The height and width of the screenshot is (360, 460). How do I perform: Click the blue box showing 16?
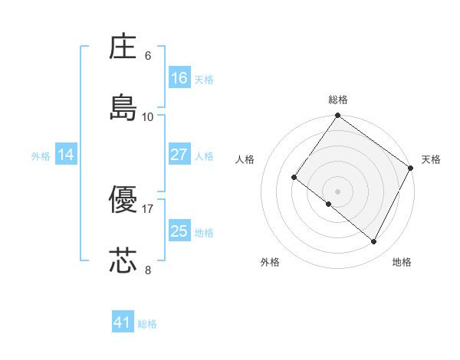tap(179, 78)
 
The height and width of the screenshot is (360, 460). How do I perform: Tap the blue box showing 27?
tap(179, 155)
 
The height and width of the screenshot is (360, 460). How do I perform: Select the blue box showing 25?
tap(179, 231)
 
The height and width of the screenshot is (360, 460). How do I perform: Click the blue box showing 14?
tap(66, 155)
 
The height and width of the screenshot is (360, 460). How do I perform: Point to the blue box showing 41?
tap(123, 322)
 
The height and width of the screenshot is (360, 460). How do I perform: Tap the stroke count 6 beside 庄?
tap(147, 56)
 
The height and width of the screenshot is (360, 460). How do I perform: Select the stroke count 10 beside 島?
tap(147, 116)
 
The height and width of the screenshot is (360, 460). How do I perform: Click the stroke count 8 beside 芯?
tap(147, 269)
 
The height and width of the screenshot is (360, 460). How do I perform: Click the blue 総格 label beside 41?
tap(148, 324)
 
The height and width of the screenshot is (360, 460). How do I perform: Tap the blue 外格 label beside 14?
tap(41, 156)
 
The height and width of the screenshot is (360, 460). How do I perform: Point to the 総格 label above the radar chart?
tap(338, 100)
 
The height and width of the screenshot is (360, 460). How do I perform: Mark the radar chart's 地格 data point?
tap(374, 242)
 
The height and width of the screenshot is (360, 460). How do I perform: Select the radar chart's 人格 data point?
tap(294, 178)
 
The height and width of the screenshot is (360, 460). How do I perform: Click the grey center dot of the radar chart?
tap(338, 191)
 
